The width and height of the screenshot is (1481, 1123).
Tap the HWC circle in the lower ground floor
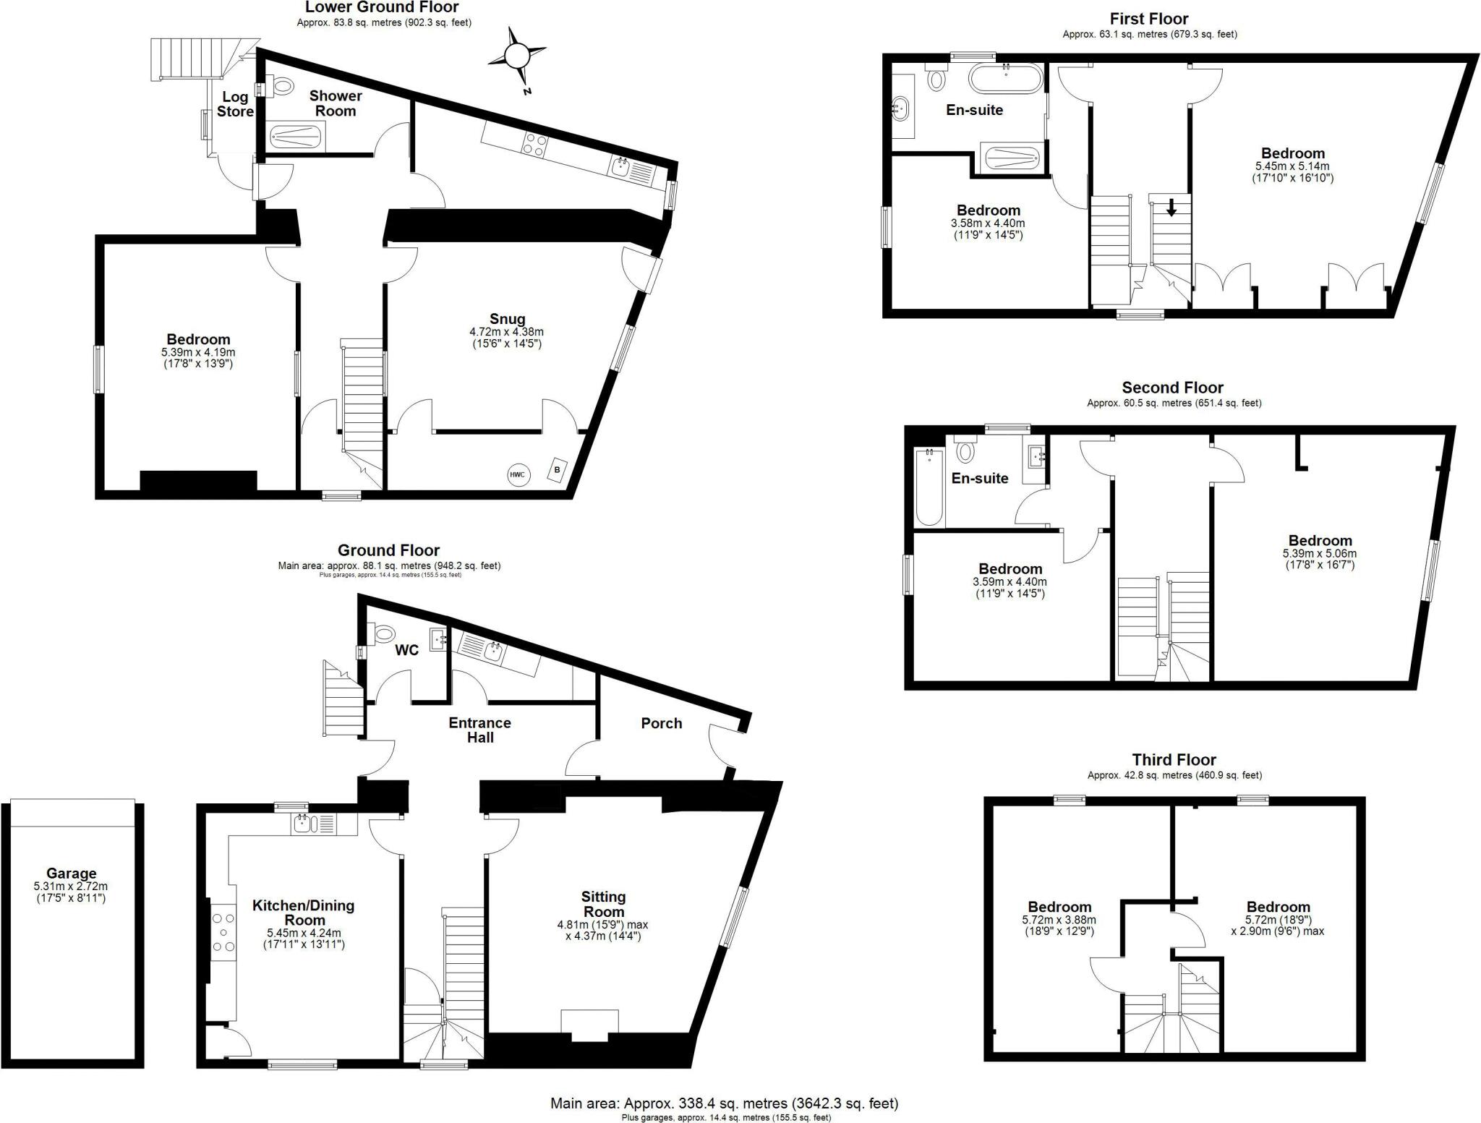pos(517,474)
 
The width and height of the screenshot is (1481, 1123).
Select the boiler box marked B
pos(557,469)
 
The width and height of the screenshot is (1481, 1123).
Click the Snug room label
pos(507,319)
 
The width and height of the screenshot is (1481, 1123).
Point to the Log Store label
pos(235,104)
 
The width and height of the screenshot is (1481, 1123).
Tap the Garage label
pos(71,873)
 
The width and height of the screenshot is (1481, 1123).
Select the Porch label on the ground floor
pos(661,723)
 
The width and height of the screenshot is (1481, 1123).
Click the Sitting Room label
pos(603,904)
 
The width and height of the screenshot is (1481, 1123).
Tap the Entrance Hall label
pos(479,730)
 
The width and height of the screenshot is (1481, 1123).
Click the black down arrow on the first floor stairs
pos(1171,208)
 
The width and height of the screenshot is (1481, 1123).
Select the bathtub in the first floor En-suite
pos(1006,79)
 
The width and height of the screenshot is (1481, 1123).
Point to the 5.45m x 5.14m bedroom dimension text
pos(1292,171)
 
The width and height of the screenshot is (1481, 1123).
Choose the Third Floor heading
pos(1174,759)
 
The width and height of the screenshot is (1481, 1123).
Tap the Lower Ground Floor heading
pos(382,7)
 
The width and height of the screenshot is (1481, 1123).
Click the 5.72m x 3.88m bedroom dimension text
pos(1059,926)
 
